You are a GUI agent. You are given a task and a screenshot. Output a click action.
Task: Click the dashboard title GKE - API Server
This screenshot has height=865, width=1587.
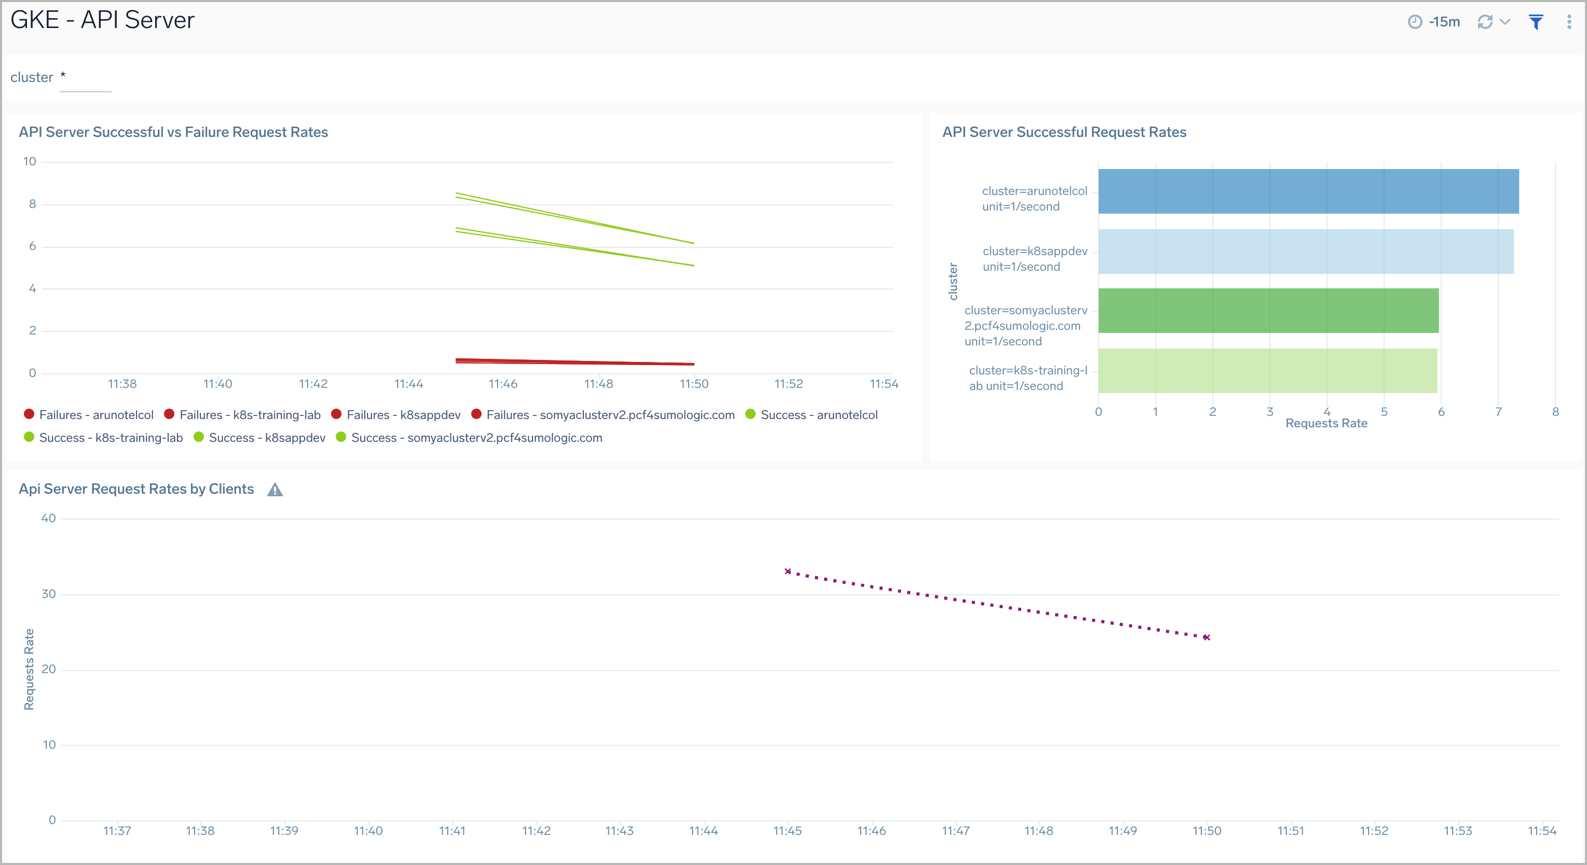(102, 20)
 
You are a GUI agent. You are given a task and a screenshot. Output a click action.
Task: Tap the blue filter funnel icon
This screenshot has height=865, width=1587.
(1536, 22)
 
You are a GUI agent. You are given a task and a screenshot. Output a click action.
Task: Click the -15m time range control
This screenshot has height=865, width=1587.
(1435, 22)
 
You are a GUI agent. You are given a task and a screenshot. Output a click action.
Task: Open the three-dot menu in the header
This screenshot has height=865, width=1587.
(1568, 22)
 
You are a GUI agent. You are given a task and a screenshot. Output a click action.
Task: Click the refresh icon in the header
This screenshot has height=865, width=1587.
(1485, 22)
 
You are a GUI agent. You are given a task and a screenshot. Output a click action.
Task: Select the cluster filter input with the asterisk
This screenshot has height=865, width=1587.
(85, 78)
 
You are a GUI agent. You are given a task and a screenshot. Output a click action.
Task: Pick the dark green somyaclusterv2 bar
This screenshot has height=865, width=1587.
(1268, 311)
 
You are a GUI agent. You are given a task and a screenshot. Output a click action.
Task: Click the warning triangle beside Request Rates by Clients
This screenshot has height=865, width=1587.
(275, 490)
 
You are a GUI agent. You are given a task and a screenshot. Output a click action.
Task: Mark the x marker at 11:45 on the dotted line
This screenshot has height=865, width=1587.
(787, 572)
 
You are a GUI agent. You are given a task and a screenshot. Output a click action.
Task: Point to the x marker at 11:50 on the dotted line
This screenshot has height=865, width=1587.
(1206, 638)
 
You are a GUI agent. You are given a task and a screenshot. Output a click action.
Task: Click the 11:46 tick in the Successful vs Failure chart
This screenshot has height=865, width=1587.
(503, 384)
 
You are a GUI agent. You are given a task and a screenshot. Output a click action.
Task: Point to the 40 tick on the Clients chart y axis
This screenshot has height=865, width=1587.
(48, 519)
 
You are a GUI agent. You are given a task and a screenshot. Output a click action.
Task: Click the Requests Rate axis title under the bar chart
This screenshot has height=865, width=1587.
(1326, 424)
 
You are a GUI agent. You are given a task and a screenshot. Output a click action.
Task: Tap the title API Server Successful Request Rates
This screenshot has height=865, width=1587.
(1064, 132)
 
